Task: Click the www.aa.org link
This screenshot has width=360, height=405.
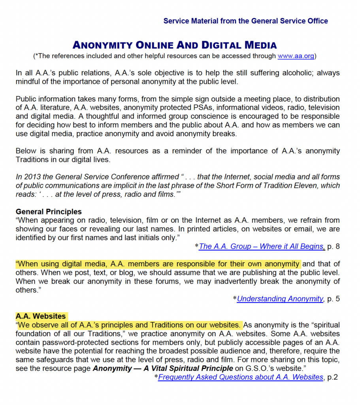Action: pos(296,56)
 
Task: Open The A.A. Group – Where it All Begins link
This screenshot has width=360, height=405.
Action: pos(262,246)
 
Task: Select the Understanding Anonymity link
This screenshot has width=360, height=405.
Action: pos(280,299)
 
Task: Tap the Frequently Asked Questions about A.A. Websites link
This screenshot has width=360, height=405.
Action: pos(241,377)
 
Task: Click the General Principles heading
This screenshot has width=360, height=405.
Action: pos(49,212)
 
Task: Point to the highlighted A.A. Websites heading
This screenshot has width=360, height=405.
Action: pos(41,316)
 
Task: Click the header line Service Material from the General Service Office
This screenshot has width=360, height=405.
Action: pos(245,21)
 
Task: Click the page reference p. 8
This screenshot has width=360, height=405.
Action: pos(334,246)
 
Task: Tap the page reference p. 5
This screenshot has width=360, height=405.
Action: pos(334,299)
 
